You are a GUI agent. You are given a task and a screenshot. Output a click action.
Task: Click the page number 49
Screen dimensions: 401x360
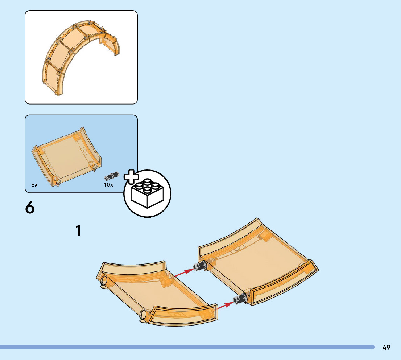pyautogui.click(x=386, y=348)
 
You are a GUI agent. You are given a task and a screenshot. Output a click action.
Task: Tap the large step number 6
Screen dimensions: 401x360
pyautogui.click(x=30, y=208)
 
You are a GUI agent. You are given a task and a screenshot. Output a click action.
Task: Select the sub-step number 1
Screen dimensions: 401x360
pyautogui.click(x=78, y=231)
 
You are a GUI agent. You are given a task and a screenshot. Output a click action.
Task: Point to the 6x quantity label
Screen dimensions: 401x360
pyautogui.click(x=34, y=185)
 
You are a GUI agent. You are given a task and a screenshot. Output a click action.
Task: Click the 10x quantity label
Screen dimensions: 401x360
pyautogui.click(x=108, y=185)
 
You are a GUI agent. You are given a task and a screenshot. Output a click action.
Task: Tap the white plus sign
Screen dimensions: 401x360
pyautogui.click(x=132, y=176)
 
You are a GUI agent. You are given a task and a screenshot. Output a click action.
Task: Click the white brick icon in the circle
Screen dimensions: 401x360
pyautogui.click(x=147, y=194)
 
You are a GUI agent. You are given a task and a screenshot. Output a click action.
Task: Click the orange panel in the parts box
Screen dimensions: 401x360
pyautogui.click(x=67, y=156)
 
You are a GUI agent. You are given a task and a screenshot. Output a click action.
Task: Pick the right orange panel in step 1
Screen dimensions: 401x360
pyautogui.click(x=257, y=261)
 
